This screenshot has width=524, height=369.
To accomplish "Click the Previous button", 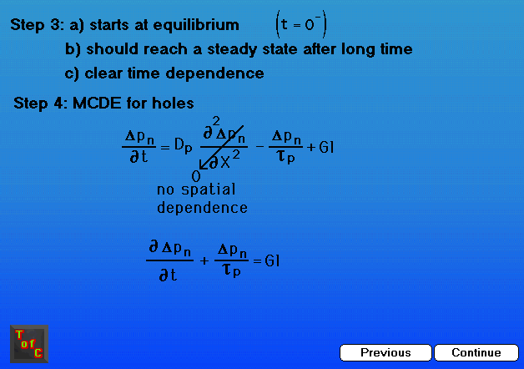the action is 385,352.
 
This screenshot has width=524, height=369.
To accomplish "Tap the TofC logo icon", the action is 29,344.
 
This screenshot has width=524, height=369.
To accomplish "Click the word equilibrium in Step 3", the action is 196,25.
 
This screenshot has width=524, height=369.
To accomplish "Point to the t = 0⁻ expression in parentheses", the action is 301,24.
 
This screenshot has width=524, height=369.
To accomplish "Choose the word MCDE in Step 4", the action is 97,103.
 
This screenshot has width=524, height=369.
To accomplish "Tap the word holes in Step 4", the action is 173,103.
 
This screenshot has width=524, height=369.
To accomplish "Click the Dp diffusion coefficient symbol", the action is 184,146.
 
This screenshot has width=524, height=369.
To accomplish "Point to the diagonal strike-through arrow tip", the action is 200,169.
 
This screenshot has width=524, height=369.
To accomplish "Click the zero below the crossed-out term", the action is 196,176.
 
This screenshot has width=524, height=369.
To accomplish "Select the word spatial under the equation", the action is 209,190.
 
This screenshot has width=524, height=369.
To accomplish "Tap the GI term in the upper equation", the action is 326,147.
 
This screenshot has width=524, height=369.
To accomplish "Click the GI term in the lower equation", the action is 272,260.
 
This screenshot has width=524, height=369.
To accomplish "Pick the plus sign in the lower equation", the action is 204,260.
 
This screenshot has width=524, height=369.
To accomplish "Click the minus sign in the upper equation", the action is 259,146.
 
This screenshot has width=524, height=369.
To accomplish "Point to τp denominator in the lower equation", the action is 232,270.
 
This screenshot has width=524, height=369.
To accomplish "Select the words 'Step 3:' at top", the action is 37,25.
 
